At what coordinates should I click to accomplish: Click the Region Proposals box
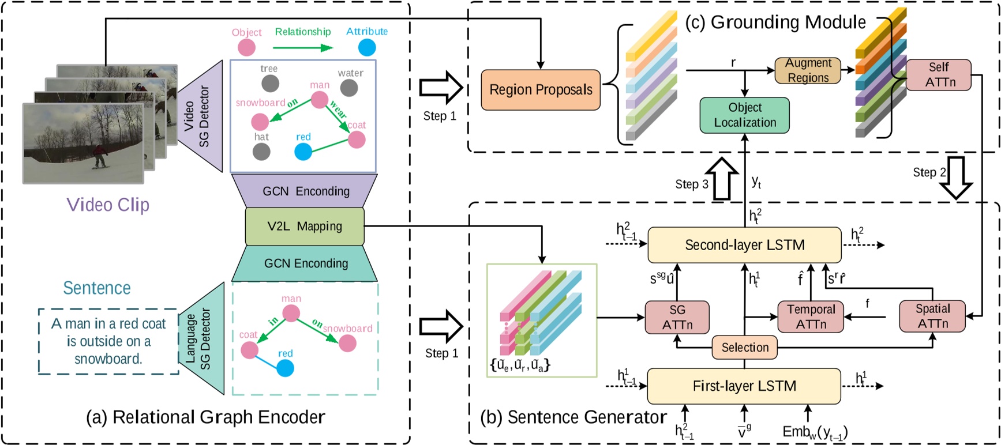[541, 90]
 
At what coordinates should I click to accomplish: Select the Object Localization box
[744, 115]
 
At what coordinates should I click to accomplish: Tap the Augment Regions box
[808, 70]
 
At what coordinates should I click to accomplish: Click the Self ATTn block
[939, 75]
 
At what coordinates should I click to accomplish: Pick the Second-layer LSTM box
[744, 245]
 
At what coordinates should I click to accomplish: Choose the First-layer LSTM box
[744, 386]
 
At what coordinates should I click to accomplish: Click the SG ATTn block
[677, 317]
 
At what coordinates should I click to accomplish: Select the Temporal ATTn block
[811, 317]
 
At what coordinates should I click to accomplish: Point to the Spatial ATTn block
[932, 316]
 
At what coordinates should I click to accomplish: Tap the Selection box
[745, 348]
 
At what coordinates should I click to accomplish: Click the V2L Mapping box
[305, 227]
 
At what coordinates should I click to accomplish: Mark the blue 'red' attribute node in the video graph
[303, 152]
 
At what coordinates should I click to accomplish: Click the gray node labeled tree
[270, 84]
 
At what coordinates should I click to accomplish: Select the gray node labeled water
[349, 88]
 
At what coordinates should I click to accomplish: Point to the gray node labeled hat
[261, 151]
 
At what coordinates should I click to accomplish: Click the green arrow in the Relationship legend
[303, 47]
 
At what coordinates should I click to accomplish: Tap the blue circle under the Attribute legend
[367, 47]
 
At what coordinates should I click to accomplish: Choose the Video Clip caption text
[108, 205]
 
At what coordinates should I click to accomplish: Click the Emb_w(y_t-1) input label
[815, 431]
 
